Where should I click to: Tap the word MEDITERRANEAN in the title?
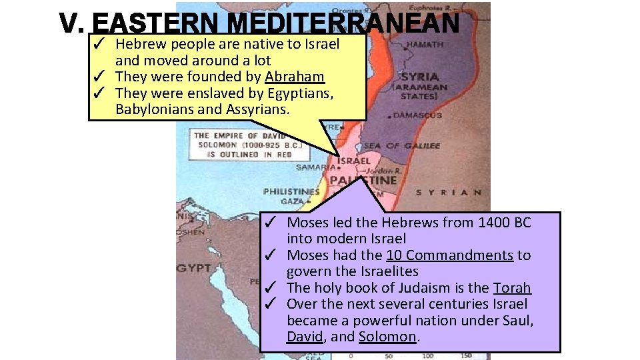[343, 25]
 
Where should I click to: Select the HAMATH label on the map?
[424, 45]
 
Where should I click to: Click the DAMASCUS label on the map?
[417, 115]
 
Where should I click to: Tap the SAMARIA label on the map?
[312, 167]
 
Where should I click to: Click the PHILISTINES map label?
[291, 191]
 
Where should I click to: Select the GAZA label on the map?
[293, 201]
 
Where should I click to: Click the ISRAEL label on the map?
[354, 161]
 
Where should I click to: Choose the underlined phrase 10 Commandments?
[450, 255]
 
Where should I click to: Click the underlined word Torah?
[512, 288]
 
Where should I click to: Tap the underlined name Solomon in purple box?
[387, 337]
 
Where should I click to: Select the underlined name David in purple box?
[305, 337]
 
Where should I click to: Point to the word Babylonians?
[153, 109]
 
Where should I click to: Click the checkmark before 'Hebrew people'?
[97, 44]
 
